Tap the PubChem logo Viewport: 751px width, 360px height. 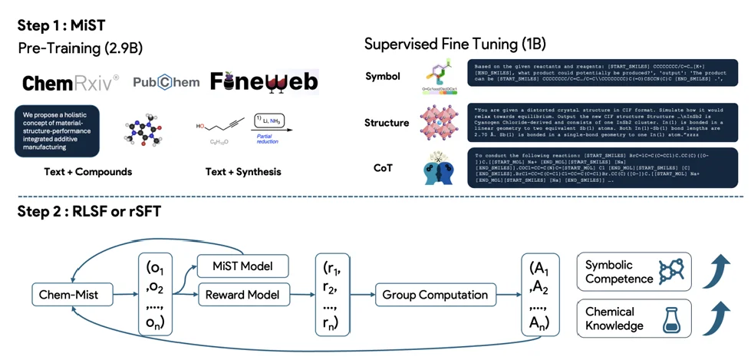tap(165, 82)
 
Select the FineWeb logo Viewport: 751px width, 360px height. tap(264, 82)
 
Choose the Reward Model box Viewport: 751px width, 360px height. tap(242, 294)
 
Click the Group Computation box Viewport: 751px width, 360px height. tap(436, 294)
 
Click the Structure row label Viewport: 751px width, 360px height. tap(387, 123)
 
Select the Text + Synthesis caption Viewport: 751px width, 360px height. tap(236, 172)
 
